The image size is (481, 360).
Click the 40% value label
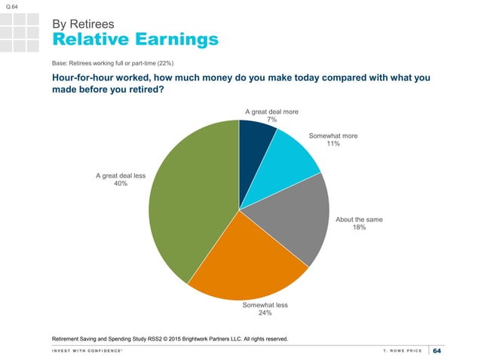121,184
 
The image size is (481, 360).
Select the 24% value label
265,313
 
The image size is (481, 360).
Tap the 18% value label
359,227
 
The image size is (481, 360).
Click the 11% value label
333,143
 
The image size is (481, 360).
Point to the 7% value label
272,120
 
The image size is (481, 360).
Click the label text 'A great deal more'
272,111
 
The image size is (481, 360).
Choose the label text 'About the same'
359,220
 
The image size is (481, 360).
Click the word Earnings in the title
177,39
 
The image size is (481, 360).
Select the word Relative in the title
90,39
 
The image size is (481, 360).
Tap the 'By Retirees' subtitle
83,24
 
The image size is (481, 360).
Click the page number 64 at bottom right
437,351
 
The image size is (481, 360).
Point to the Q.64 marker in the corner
11,7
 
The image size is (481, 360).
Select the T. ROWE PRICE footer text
403,351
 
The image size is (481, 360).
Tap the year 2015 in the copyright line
174,339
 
